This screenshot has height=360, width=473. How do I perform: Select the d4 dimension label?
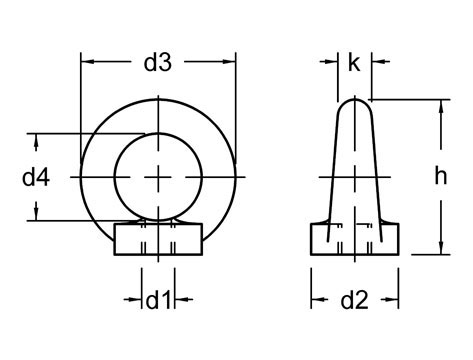tap(36, 177)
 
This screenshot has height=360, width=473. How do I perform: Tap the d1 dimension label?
tap(158, 299)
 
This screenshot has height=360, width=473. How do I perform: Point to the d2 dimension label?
tap(355, 299)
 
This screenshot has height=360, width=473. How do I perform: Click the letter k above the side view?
tap(354, 63)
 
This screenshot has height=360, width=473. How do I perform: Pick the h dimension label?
tap(440, 177)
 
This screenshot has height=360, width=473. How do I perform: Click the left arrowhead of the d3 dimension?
tap(86, 62)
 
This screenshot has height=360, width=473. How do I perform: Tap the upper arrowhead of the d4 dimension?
tap(38, 139)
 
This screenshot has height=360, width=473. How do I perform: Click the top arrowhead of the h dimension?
tap(438, 104)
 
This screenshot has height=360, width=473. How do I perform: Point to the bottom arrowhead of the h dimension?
tap(438, 251)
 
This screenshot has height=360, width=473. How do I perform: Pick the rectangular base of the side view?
tap(356, 241)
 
